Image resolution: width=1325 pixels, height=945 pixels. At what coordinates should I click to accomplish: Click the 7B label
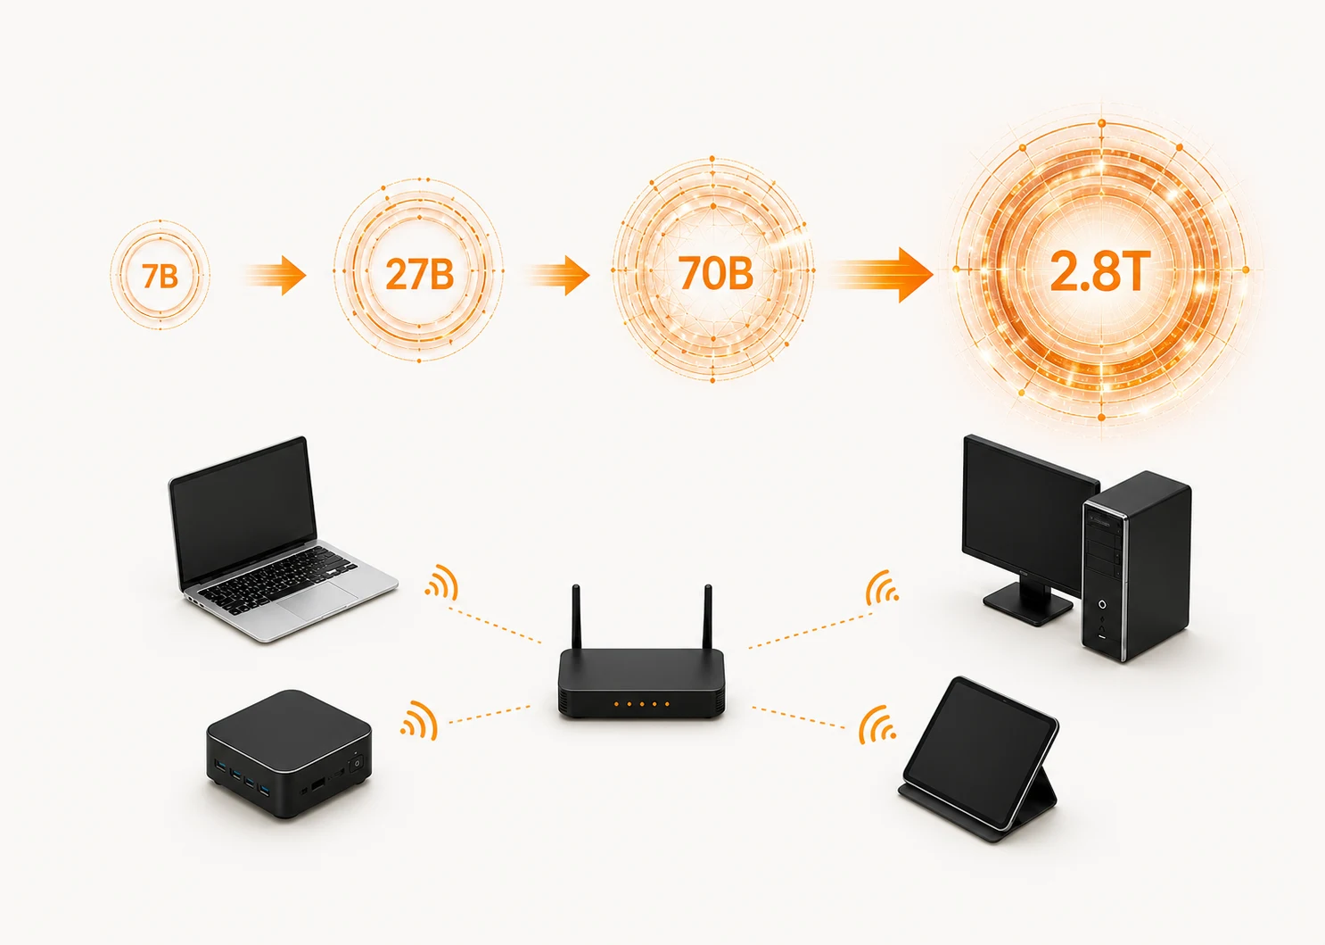point(160,276)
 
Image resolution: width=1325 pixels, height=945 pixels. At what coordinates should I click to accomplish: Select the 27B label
point(419,274)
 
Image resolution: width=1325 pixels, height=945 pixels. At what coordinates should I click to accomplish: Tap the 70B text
point(715,273)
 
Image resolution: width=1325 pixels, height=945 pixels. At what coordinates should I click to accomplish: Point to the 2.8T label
point(1100,271)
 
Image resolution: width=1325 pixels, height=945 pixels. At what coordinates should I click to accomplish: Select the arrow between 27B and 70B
point(558,276)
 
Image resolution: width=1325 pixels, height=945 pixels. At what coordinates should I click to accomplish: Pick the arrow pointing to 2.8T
point(881,276)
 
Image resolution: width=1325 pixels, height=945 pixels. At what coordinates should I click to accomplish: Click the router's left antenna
point(576,617)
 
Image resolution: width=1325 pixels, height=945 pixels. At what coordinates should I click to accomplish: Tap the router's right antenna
point(707,617)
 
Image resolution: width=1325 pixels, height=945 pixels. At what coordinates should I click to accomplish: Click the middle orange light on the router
point(642,704)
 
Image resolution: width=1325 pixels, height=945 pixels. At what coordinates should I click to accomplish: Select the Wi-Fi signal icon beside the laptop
point(442,582)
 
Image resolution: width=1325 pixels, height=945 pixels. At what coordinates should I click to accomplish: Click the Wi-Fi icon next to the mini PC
point(419,720)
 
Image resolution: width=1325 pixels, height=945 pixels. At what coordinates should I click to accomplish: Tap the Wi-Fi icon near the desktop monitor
point(882,587)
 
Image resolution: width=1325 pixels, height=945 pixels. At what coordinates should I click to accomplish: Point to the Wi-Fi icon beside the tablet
point(877,725)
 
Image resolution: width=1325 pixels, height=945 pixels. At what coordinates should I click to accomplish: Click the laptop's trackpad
point(318,601)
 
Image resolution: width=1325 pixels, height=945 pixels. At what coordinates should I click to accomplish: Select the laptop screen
point(242,511)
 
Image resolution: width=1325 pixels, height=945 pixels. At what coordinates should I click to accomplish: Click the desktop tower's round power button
point(1103,604)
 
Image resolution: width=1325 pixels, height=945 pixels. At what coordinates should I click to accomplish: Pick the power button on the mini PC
point(357,764)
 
